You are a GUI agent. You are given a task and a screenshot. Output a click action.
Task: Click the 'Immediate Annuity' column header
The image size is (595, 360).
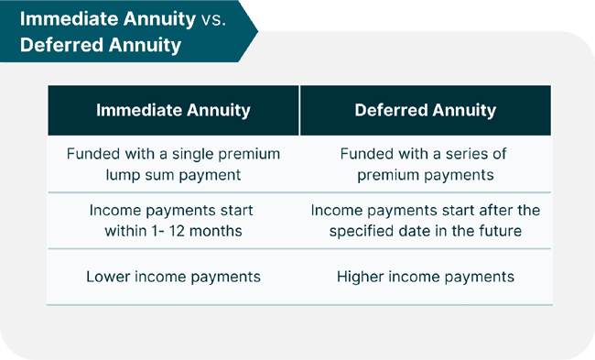pos(173,111)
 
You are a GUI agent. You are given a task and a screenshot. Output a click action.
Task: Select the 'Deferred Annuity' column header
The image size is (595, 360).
pos(426,111)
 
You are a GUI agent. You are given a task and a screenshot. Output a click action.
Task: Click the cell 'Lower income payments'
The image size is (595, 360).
pos(173,276)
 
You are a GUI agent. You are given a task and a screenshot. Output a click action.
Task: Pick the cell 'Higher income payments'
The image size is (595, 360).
pos(426,276)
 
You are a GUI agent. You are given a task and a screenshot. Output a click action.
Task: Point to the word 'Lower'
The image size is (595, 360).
pos(108,276)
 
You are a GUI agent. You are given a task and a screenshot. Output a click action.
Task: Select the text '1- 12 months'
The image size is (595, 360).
pos(198,231)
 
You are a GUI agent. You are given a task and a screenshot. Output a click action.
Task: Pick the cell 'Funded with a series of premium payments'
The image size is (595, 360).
pos(426,164)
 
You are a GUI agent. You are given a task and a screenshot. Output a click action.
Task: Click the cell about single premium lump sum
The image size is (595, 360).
pos(173,164)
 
